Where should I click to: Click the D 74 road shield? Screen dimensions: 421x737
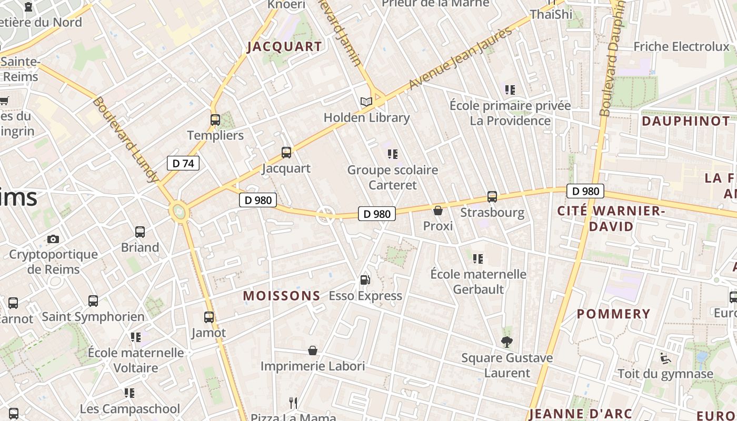(x=183, y=163)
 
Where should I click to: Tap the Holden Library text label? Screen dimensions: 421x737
(x=366, y=117)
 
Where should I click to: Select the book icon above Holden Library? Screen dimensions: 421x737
(x=366, y=102)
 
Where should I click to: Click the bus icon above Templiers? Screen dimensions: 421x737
(x=215, y=119)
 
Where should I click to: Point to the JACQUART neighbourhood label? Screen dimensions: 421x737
(x=284, y=46)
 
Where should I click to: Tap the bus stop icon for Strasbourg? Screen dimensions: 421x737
(x=492, y=197)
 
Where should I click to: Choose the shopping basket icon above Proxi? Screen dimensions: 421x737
(x=437, y=211)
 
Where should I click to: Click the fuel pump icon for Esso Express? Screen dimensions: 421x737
(x=365, y=280)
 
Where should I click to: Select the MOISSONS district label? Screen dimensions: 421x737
(x=281, y=296)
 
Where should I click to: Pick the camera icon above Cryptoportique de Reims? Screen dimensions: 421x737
(x=53, y=239)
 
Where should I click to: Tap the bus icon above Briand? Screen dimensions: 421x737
(x=140, y=232)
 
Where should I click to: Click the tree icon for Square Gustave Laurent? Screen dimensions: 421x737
(x=506, y=343)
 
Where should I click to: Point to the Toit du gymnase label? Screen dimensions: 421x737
(x=665, y=374)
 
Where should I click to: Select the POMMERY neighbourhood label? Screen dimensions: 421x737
(x=613, y=314)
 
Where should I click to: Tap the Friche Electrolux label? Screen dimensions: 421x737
(x=681, y=46)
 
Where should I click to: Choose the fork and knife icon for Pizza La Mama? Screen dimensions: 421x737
(x=293, y=403)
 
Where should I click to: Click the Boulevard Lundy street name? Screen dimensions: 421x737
(x=125, y=139)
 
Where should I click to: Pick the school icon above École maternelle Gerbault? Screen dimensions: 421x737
(x=478, y=258)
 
